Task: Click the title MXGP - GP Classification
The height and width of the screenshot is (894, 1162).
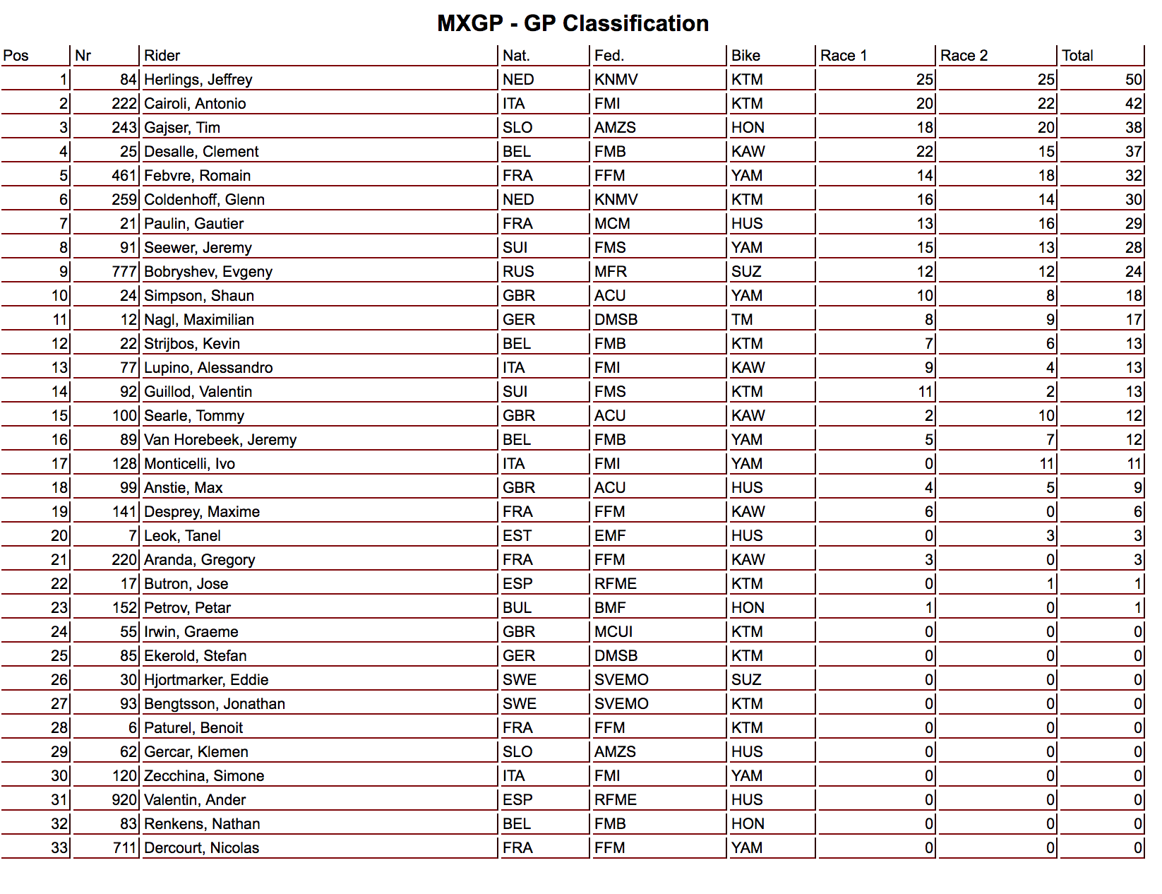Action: (x=573, y=23)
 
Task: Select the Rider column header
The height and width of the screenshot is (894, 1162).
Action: (x=162, y=56)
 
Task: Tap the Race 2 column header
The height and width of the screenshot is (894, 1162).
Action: (x=964, y=56)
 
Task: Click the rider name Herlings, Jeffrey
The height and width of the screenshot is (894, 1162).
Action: (x=198, y=80)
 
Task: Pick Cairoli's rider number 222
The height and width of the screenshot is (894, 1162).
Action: (x=124, y=104)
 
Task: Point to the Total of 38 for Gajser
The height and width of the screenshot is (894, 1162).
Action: (x=1133, y=128)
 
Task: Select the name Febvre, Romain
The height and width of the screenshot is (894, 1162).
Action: (x=197, y=176)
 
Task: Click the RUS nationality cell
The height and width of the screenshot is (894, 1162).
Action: (x=518, y=272)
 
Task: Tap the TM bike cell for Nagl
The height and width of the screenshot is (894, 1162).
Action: (x=742, y=320)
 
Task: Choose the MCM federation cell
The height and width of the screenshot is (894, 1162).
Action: (x=612, y=224)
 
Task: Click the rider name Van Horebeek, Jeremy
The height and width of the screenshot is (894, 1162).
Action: (x=220, y=440)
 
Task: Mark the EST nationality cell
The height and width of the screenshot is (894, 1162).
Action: (x=517, y=536)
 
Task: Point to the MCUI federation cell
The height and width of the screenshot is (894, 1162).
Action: (x=613, y=632)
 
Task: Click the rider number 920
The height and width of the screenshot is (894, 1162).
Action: (x=124, y=800)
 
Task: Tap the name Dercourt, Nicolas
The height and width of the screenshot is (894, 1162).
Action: (x=201, y=848)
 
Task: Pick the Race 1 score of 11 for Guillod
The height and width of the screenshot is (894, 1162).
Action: (x=925, y=392)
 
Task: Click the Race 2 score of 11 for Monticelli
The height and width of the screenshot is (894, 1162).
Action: (x=1046, y=464)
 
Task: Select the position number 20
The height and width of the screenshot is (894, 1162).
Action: (x=59, y=536)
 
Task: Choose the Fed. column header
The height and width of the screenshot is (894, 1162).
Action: (x=609, y=56)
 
